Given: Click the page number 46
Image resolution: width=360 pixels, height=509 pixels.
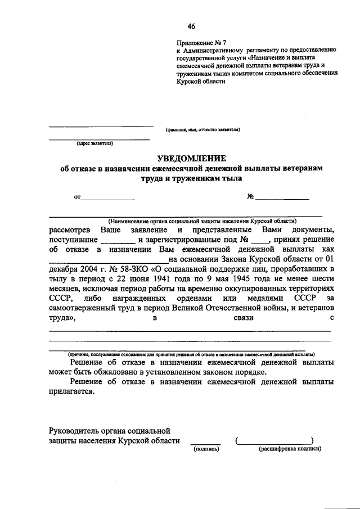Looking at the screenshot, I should point(192,26).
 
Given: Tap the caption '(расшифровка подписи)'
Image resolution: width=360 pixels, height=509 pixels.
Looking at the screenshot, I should point(290,449).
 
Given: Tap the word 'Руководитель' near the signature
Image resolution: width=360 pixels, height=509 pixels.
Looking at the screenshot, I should point(75,431).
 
